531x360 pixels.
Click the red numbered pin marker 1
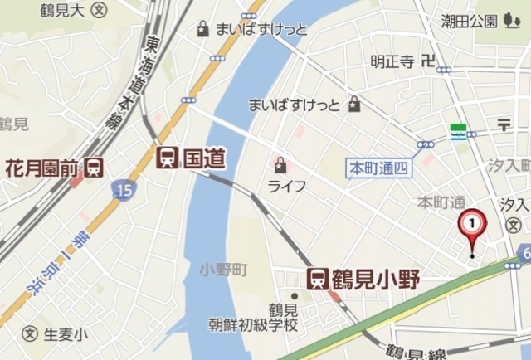click(472, 225)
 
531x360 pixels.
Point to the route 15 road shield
click(123, 192)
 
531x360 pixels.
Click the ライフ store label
click(286, 186)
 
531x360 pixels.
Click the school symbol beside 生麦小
click(31, 334)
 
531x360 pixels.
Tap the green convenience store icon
click(456, 132)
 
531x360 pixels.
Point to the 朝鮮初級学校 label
click(252, 325)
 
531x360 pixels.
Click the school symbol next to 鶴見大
click(100, 10)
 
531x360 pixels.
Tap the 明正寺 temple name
click(392, 61)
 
